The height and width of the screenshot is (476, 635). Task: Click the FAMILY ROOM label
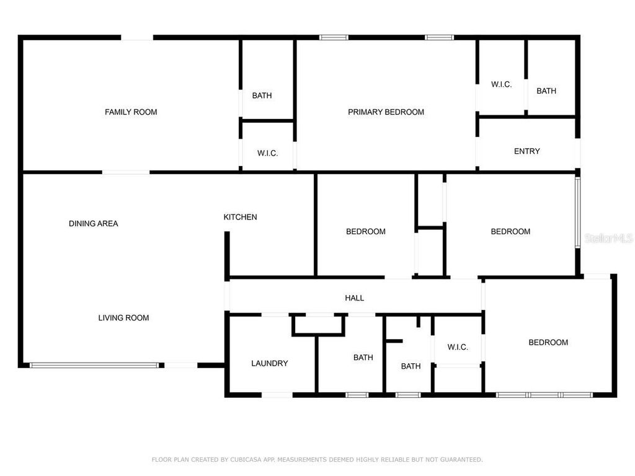tap(131, 112)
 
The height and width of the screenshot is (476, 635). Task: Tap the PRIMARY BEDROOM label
tap(386, 112)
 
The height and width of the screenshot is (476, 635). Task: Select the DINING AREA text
tap(93, 224)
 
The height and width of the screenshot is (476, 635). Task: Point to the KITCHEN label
tap(240, 217)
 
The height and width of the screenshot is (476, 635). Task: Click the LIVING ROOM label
tap(123, 318)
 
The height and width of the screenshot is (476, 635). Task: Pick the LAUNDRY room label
tap(269, 363)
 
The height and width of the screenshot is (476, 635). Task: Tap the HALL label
tap(354, 298)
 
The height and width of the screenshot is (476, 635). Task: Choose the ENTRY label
tap(526, 151)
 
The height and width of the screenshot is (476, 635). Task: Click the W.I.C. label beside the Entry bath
tap(501, 84)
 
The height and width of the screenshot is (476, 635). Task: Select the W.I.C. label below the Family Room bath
tap(267, 153)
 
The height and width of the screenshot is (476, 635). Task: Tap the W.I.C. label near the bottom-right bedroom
tap(457, 347)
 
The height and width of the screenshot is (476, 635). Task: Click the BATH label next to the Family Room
tap(262, 95)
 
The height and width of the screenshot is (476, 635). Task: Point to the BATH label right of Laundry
tap(363, 358)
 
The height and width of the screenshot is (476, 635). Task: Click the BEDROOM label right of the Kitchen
tap(365, 232)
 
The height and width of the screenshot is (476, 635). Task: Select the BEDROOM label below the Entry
tap(510, 232)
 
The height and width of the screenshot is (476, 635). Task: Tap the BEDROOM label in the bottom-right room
tap(548, 343)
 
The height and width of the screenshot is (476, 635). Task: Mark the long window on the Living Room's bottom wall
tap(94, 365)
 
